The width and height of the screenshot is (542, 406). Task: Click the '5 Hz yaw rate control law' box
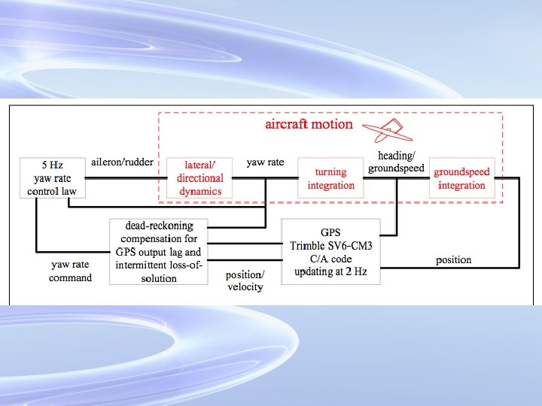[52, 178]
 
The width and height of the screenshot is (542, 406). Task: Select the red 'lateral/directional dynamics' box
[199, 178]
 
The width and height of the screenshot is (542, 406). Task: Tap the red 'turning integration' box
[330, 178]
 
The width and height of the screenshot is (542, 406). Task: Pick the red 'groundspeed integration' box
[461, 178]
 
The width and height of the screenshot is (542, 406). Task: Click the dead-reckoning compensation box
[158, 251]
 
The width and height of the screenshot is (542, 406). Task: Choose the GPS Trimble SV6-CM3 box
[330, 251]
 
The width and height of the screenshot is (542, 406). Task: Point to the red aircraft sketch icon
[393, 132]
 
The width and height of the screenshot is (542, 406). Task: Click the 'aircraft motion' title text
[309, 124]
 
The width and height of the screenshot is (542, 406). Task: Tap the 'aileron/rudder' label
[122, 162]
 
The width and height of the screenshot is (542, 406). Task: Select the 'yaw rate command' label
[71, 271]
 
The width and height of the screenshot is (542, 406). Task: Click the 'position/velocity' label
[245, 280]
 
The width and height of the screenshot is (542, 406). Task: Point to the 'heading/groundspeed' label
[396, 162]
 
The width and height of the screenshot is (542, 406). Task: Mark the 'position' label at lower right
[454, 260]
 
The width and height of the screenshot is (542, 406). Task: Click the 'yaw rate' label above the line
[265, 162]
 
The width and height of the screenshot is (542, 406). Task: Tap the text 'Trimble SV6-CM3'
[330, 244]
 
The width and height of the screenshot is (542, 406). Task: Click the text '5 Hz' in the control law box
[52, 165]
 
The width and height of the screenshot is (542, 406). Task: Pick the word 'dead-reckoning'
[159, 226]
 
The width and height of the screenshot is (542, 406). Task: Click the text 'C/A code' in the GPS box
[330, 258]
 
